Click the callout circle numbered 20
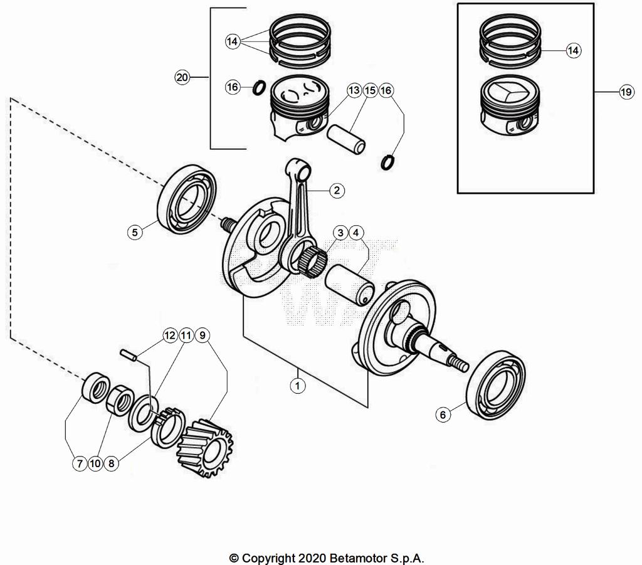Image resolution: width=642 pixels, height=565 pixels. pos(182,78)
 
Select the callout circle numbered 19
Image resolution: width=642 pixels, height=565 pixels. pos(626,93)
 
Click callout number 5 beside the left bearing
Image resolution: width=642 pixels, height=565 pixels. pos(134,232)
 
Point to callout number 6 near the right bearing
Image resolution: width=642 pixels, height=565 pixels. pos(443,415)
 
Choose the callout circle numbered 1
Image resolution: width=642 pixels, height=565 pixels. pos(298,385)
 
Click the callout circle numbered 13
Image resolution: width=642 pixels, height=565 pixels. pos(354,91)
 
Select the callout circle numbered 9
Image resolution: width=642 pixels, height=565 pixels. pos(202,335)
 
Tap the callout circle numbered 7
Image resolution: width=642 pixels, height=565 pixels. pos(80,464)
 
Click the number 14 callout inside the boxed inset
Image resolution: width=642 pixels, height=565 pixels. pos(573,51)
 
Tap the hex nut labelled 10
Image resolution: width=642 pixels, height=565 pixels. pos(120,399)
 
